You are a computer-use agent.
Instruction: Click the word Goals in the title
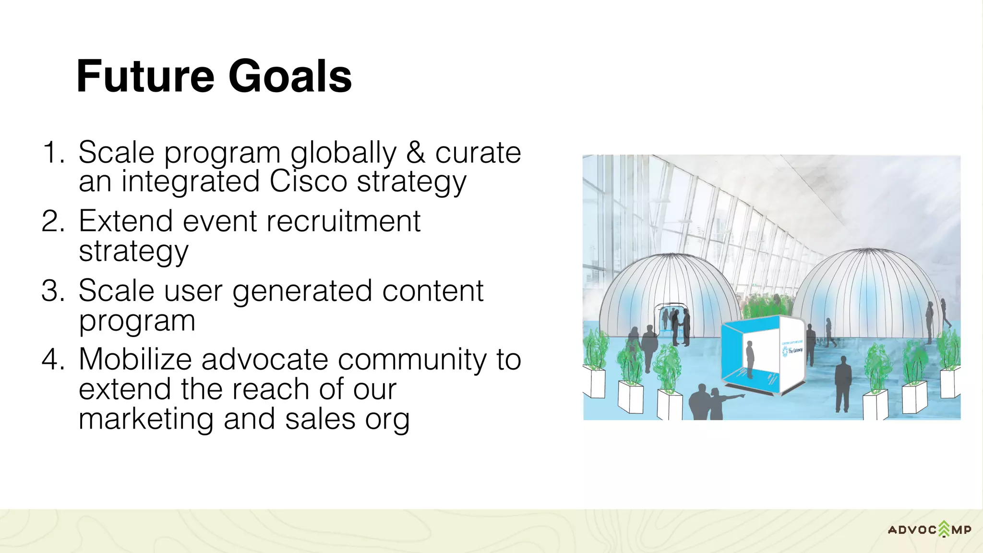coord(290,77)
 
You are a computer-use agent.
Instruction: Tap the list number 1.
coord(53,153)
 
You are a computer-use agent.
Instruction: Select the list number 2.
coord(53,221)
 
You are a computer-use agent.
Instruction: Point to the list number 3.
coord(53,290)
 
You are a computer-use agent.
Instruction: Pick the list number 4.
coord(53,359)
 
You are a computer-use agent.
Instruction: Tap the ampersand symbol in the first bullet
coord(416,153)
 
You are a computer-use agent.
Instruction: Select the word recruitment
coord(343,221)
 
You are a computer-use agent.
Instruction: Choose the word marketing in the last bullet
coord(146,419)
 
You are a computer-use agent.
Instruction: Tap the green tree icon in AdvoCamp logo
coord(944,529)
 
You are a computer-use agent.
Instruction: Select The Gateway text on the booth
coord(794,351)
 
